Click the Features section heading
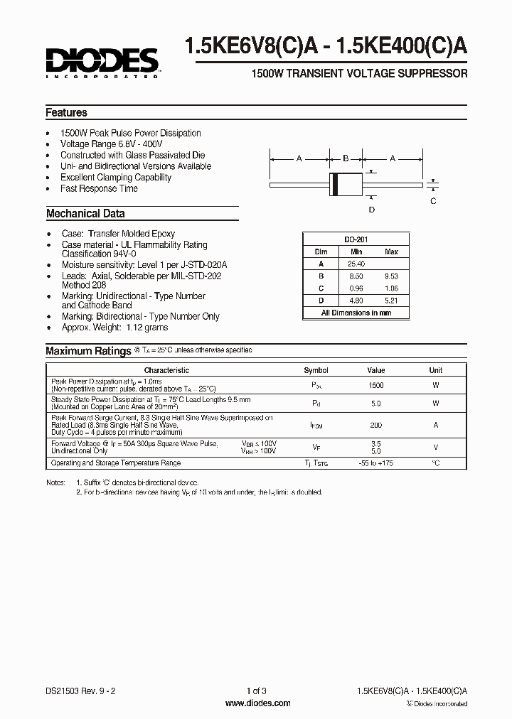pyautogui.click(x=67, y=112)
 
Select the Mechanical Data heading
pyautogui.click(x=85, y=213)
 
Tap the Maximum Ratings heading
pyautogui.click(x=88, y=351)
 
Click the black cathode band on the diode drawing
pyautogui.click(x=335, y=183)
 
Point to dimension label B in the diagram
pyautogui.click(x=346, y=158)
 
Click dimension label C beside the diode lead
pyautogui.click(x=434, y=201)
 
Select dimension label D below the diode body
pyautogui.click(x=371, y=209)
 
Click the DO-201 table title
pyautogui.click(x=356, y=240)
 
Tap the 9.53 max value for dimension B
pyautogui.click(x=391, y=276)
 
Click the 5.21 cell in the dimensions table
pyautogui.click(x=391, y=301)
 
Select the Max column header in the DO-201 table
pyautogui.click(x=391, y=252)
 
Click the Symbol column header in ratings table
pyautogui.click(x=316, y=370)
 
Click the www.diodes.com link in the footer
pyautogui.click(x=257, y=703)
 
